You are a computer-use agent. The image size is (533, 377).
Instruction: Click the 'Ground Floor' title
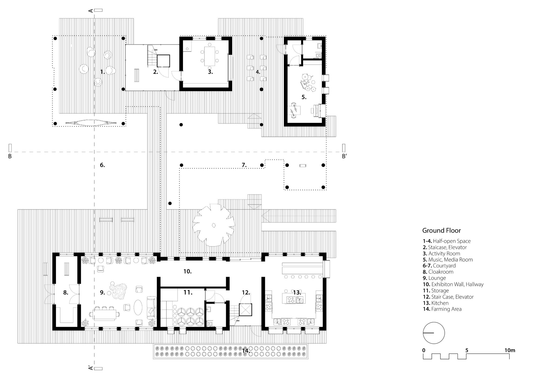coord(441,230)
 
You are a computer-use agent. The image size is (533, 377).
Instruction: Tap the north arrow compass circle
coord(434,333)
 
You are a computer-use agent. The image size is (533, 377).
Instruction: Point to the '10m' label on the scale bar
coord(510,350)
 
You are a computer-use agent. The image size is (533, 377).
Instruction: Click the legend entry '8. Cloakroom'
coord(438,272)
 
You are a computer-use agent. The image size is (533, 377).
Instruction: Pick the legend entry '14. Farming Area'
coord(442,309)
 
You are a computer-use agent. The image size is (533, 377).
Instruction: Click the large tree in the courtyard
coord(213,225)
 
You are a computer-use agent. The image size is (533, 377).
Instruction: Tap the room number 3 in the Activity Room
coord(210,72)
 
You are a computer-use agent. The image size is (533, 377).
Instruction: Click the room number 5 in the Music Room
coord(304,97)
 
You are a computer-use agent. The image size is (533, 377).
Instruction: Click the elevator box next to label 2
coord(163,61)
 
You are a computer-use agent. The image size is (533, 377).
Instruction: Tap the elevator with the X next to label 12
coord(245,309)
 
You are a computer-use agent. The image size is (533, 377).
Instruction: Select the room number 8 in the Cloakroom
coord(66,293)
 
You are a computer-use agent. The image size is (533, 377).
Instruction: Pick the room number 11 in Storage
coord(187,292)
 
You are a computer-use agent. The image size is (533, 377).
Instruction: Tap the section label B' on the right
coord(344,156)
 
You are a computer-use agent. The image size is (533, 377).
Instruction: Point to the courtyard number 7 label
coord(244,165)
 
